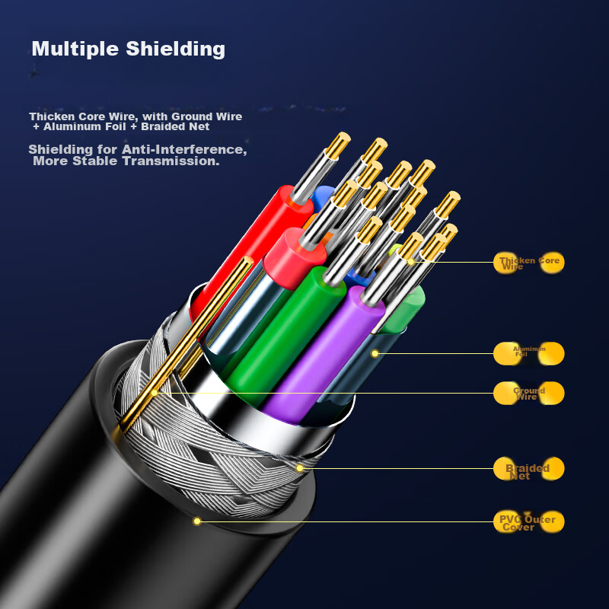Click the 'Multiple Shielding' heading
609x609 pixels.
128,49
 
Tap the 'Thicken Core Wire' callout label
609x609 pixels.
529,263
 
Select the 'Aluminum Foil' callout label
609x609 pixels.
529,352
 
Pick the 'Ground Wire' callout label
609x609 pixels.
529,394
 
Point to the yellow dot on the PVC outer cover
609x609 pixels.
197,521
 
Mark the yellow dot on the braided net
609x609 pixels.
300,467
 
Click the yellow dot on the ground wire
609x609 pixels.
155,393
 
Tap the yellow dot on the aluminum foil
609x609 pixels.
375,353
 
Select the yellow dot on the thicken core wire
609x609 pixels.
411,261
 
